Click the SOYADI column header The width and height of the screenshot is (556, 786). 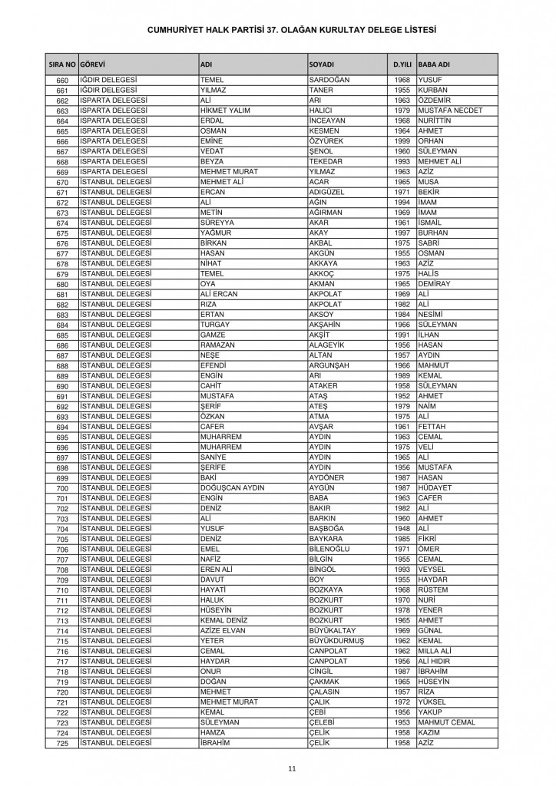(x=320, y=63)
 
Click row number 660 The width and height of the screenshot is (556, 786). (x=63, y=81)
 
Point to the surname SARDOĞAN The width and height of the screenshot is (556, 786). (x=329, y=80)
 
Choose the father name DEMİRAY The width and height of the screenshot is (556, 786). (x=439, y=282)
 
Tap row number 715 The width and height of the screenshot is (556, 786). (x=63, y=641)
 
